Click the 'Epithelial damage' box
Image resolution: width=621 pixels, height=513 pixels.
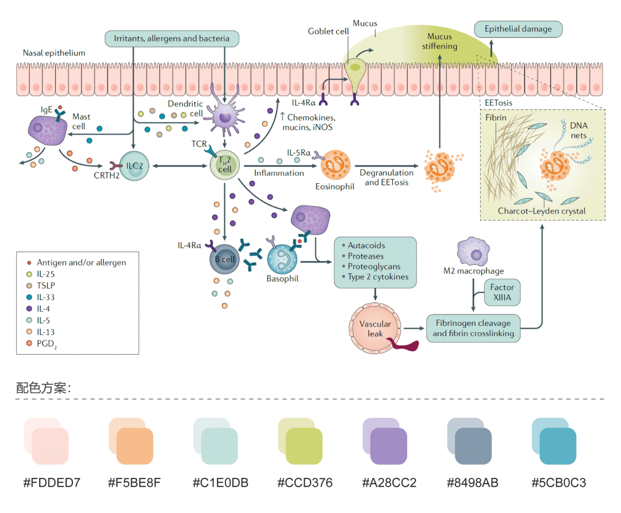click(517, 29)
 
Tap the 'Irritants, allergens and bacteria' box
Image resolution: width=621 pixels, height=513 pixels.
click(172, 39)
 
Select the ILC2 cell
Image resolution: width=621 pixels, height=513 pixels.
click(134, 166)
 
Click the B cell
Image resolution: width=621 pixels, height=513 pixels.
click(225, 259)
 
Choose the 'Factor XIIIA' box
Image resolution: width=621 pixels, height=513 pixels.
click(501, 292)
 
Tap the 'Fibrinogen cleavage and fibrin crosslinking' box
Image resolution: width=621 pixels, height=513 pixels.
click(473, 328)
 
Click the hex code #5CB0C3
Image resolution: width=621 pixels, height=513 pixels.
click(558, 482)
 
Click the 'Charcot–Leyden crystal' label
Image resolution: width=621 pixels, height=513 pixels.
click(542, 211)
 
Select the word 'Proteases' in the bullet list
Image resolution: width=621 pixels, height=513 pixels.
click(366, 256)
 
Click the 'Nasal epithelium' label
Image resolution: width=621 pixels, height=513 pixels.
click(54, 53)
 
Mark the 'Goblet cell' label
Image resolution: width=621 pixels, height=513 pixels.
click(328, 32)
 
